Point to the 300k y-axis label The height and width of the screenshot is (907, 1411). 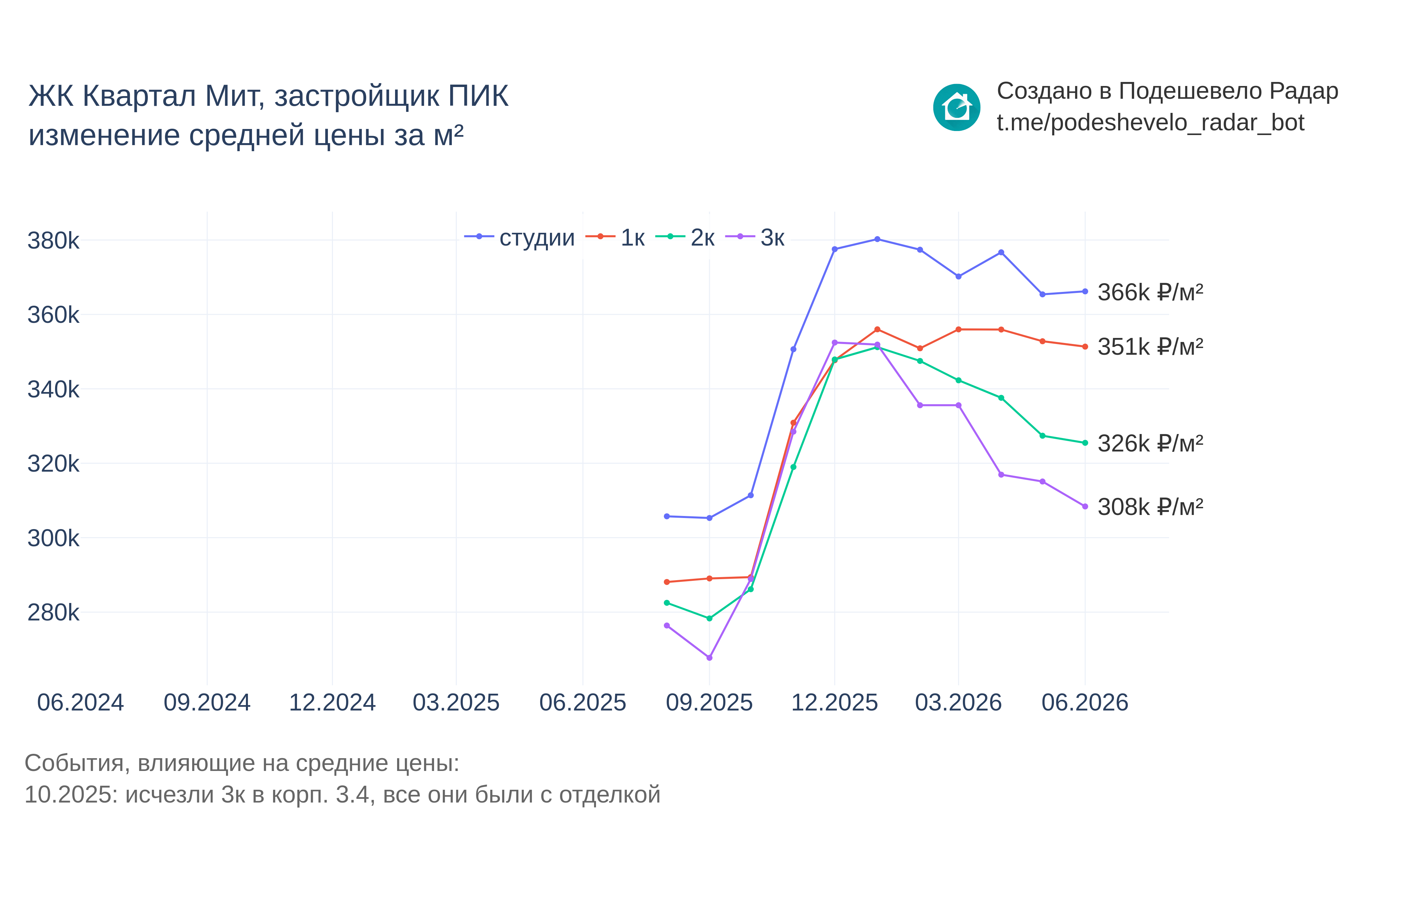[53, 538]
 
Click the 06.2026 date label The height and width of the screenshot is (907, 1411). [1085, 703]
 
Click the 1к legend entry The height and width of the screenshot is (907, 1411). [615, 237]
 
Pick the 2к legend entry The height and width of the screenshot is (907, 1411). [685, 237]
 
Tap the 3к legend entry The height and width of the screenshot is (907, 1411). [755, 237]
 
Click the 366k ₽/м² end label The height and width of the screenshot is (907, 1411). [1150, 293]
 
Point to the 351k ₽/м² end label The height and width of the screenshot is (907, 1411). [1150, 347]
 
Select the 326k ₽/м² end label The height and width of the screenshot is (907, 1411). [1150, 443]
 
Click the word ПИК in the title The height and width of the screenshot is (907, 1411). [478, 96]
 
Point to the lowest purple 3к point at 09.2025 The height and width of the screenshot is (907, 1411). [709, 658]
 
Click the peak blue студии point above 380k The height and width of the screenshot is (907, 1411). [877, 239]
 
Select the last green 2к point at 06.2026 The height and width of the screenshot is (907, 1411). [1085, 443]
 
